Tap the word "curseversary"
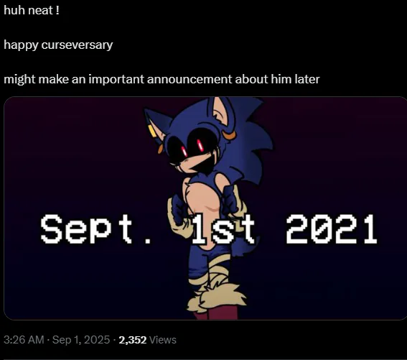pos(77,45)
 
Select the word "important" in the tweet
pos(116,79)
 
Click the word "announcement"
pos(190,79)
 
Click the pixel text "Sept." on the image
pos(95,229)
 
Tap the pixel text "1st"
pos(223,229)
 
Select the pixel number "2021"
pos(332,229)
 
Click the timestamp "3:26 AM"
pos(24,340)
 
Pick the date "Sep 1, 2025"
pos(81,340)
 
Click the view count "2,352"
pos(133,340)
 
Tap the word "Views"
pos(163,340)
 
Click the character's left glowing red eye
pos(184,151)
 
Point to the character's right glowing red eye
pos(200,145)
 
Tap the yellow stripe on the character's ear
pos(152,131)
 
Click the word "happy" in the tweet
pos(21,45)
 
